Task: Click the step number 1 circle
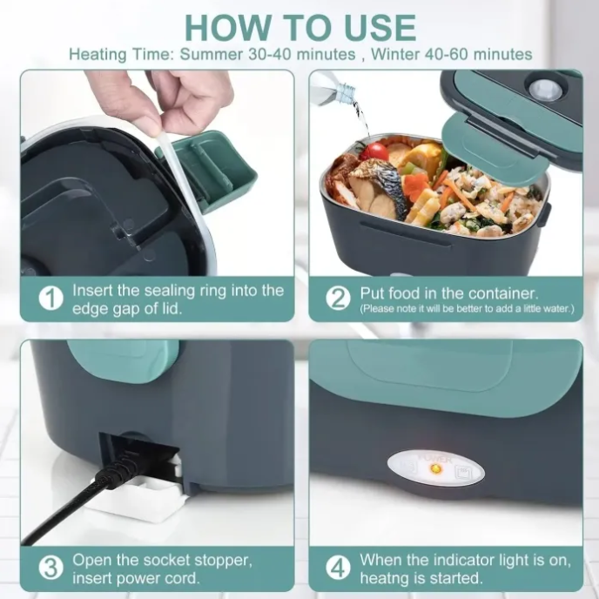(x=51, y=299)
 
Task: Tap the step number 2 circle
(x=338, y=299)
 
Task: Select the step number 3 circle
(x=51, y=569)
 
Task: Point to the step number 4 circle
(x=338, y=569)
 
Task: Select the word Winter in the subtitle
(x=396, y=54)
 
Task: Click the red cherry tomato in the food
(x=376, y=151)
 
